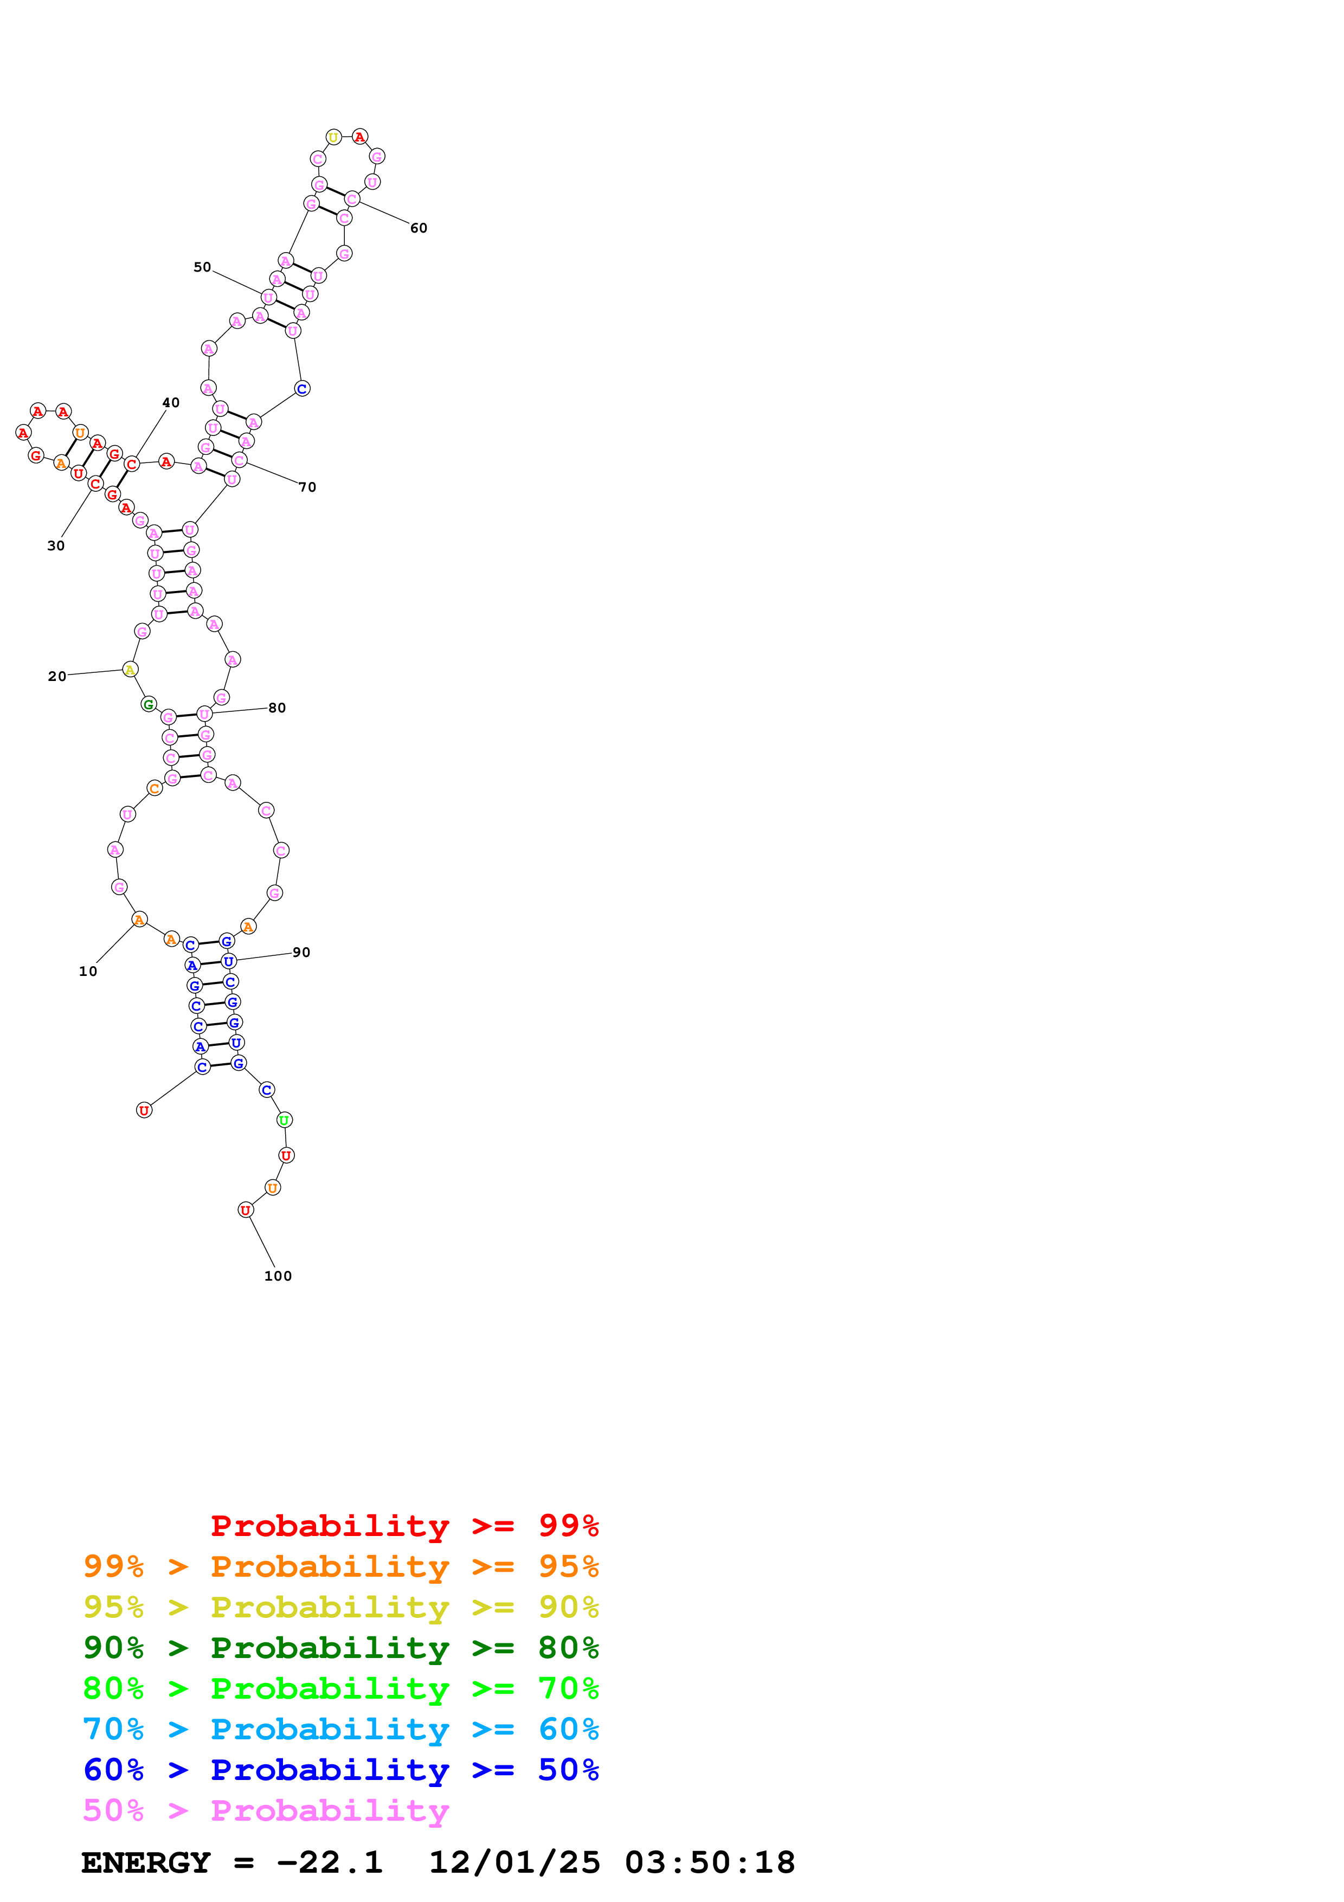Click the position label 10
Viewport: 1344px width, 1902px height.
(x=88, y=971)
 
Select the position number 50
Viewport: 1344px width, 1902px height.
(x=202, y=267)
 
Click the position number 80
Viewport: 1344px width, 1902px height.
(x=276, y=708)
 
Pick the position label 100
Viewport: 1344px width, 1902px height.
(x=278, y=1276)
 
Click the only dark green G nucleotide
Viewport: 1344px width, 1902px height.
(x=148, y=704)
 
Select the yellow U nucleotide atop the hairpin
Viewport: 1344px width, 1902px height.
(x=333, y=137)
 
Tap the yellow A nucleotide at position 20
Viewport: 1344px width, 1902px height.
(x=130, y=670)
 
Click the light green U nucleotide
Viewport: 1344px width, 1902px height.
(x=284, y=1120)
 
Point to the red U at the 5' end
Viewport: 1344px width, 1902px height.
(x=144, y=1110)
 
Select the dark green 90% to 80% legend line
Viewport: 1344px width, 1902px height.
(x=340, y=1648)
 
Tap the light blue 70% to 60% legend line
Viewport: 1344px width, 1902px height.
(x=340, y=1729)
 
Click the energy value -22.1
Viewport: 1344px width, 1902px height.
(x=330, y=1862)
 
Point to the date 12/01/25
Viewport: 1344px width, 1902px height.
(x=515, y=1862)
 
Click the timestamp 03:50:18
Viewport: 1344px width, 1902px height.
(x=710, y=1862)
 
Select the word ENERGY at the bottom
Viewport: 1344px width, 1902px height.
(x=146, y=1862)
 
